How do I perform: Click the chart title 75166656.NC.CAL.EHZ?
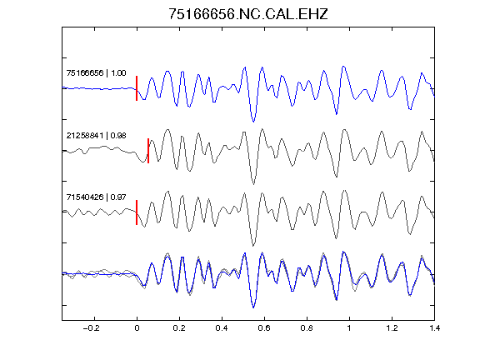point(248,14)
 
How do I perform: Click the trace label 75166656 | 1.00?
point(96,73)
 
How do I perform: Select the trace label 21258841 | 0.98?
point(96,135)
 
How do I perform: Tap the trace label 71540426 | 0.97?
point(96,197)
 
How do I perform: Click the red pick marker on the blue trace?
point(137,88)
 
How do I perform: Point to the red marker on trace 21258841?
point(148,151)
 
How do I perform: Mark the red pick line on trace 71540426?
point(137,212)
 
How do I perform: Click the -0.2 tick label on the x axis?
point(92,328)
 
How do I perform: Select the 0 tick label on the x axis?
point(137,328)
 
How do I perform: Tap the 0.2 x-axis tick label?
point(179,328)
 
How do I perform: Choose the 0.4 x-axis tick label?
point(222,328)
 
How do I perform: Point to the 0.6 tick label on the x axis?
point(264,328)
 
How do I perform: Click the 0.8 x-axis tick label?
point(307,328)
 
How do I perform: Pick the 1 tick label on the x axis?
point(349,328)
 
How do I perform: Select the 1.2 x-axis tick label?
point(392,328)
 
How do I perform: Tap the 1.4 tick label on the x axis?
point(434,328)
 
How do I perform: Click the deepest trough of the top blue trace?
point(253,122)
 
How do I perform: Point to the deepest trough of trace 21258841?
point(253,184)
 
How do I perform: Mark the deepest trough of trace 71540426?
point(253,246)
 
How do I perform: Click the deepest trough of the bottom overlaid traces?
point(253,307)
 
